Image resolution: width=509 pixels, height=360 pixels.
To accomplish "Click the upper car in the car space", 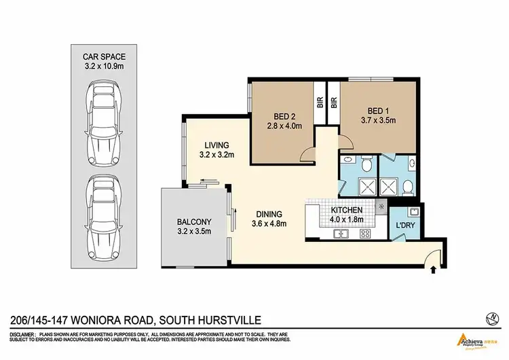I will click(x=105, y=123).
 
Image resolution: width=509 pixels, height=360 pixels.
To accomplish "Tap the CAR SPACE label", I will click(x=105, y=56).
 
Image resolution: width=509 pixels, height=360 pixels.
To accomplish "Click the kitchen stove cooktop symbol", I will click(x=364, y=234).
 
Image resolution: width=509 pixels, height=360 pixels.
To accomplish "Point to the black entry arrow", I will click(x=433, y=270).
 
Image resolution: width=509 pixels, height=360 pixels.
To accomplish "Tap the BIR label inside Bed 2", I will click(x=319, y=104).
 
